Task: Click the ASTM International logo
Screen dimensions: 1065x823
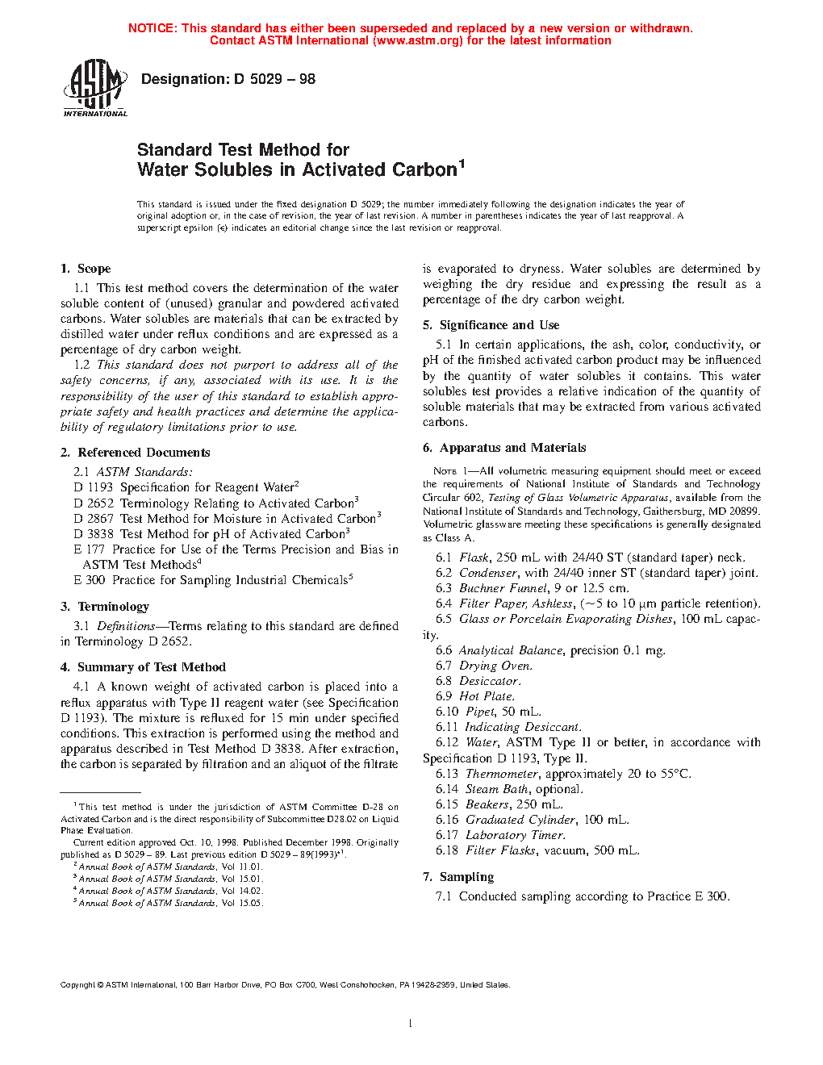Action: click(x=95, y=89)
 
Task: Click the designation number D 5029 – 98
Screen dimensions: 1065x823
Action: click(x=274, y=79)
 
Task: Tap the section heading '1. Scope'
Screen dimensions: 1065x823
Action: click(x=86, y=269)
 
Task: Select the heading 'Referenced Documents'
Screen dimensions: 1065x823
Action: click(x=144, y=453)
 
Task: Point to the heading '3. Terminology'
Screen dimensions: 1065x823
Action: click(x=105, y=607)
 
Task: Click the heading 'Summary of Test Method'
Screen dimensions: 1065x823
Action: click(x=152, y=667)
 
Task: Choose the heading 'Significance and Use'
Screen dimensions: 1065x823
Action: click(x=499, y=325)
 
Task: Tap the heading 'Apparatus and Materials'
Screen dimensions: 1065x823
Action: click(x=512, y=448)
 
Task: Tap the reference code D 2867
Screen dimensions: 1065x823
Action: click(x=94, y=519)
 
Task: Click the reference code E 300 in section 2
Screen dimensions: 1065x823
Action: click(x=90, y=580)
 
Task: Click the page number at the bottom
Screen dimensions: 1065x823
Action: click(x=411, y=1024)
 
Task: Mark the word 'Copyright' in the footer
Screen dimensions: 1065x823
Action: click(x=77, y=985)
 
